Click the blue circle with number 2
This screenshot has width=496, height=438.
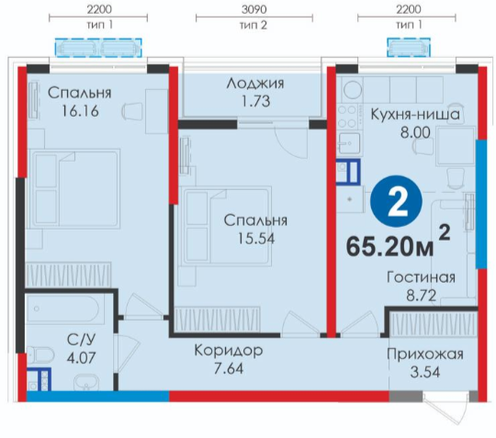tap(396, 201)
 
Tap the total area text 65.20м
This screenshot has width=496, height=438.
tap(390, 247)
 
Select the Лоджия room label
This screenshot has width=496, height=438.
tap(255, 84)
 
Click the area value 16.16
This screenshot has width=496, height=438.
tap(80, 111)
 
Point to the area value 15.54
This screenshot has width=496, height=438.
tap(256, 239)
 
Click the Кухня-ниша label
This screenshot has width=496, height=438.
tap(415, 114)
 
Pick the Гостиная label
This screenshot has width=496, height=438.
tap(421, 277)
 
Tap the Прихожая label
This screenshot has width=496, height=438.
tap(425, 354)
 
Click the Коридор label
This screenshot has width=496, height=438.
tap(229, 351)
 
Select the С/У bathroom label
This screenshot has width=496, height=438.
tap(81, 340)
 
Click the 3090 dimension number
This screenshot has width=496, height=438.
tap(254, 9)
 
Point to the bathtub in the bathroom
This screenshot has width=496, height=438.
tap(65, 309)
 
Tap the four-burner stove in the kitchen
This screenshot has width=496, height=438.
tap(348, 117)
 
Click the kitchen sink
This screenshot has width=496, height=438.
tap(349, 143)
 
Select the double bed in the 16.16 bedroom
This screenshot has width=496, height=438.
tap(74, 189)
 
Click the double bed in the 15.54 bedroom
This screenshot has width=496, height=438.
tap(225, 226)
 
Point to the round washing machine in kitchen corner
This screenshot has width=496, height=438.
tap(353, 89)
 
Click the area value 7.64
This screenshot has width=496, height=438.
tap(229, 368)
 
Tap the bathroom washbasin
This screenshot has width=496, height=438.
tap(86, 383)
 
